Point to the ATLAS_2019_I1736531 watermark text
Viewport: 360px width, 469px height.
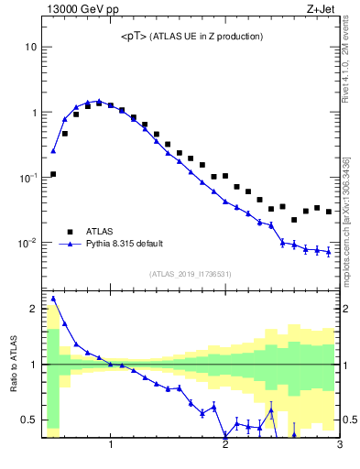coord(190,273)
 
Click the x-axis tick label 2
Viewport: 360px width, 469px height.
coord(225,447)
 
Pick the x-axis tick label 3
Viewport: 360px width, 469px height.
coord(339,447)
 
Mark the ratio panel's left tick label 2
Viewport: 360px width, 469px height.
coord(32,309)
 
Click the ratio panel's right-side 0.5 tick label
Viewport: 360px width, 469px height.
coord(351,420)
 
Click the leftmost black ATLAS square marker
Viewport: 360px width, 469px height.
coord(53,174)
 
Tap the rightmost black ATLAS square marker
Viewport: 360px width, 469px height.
coord(329,212)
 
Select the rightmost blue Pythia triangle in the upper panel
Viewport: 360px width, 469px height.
coord(329,252)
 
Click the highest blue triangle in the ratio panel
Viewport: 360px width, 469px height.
coord(53,299)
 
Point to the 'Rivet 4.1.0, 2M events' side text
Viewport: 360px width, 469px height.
coord(348,64)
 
